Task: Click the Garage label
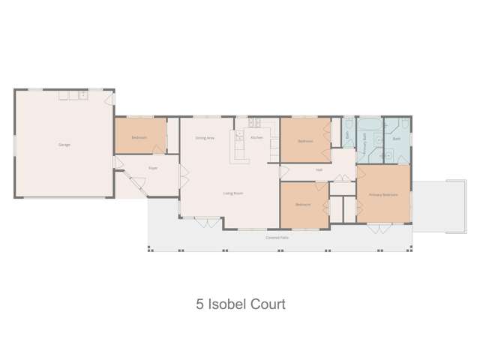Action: pos(64,145)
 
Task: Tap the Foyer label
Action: pos(152,168)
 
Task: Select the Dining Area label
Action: pos(205,138)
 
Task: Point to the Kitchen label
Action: pos(256,138)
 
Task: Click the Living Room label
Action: pos(232,193)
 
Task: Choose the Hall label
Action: pos(319,169)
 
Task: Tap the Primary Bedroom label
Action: pos(382,194)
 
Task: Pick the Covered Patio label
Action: pos(277,237)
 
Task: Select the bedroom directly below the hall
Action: pos(303,204)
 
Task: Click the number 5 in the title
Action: pos(199,305)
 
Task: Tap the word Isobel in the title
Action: pos(226,305)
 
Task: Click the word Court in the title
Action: pos(267,305)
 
